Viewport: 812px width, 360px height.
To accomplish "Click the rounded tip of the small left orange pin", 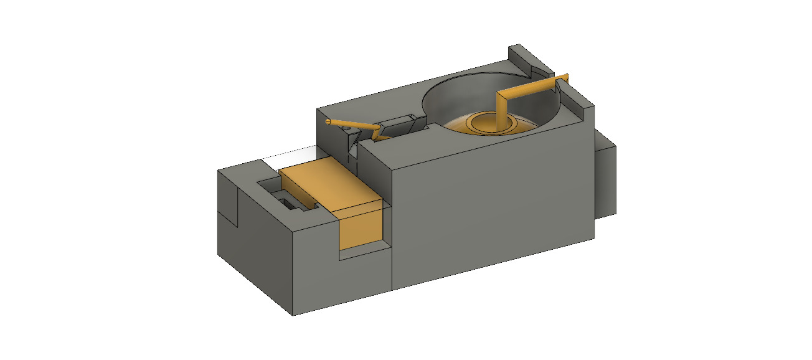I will click(329, 120).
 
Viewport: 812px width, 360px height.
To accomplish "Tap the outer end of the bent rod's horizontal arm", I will click(566, 77).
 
